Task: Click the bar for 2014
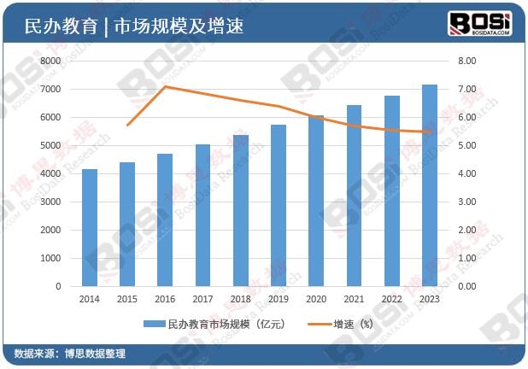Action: pos(90,228)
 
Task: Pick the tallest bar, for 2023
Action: pos(430,185)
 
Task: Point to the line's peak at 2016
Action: pos(165,86)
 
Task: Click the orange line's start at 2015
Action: pos(127,125)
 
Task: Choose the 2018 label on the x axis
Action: pos(240,300)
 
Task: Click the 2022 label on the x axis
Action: pos(392,300)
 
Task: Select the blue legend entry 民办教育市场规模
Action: pos(214,325)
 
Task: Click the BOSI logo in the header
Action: pos(480,23)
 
